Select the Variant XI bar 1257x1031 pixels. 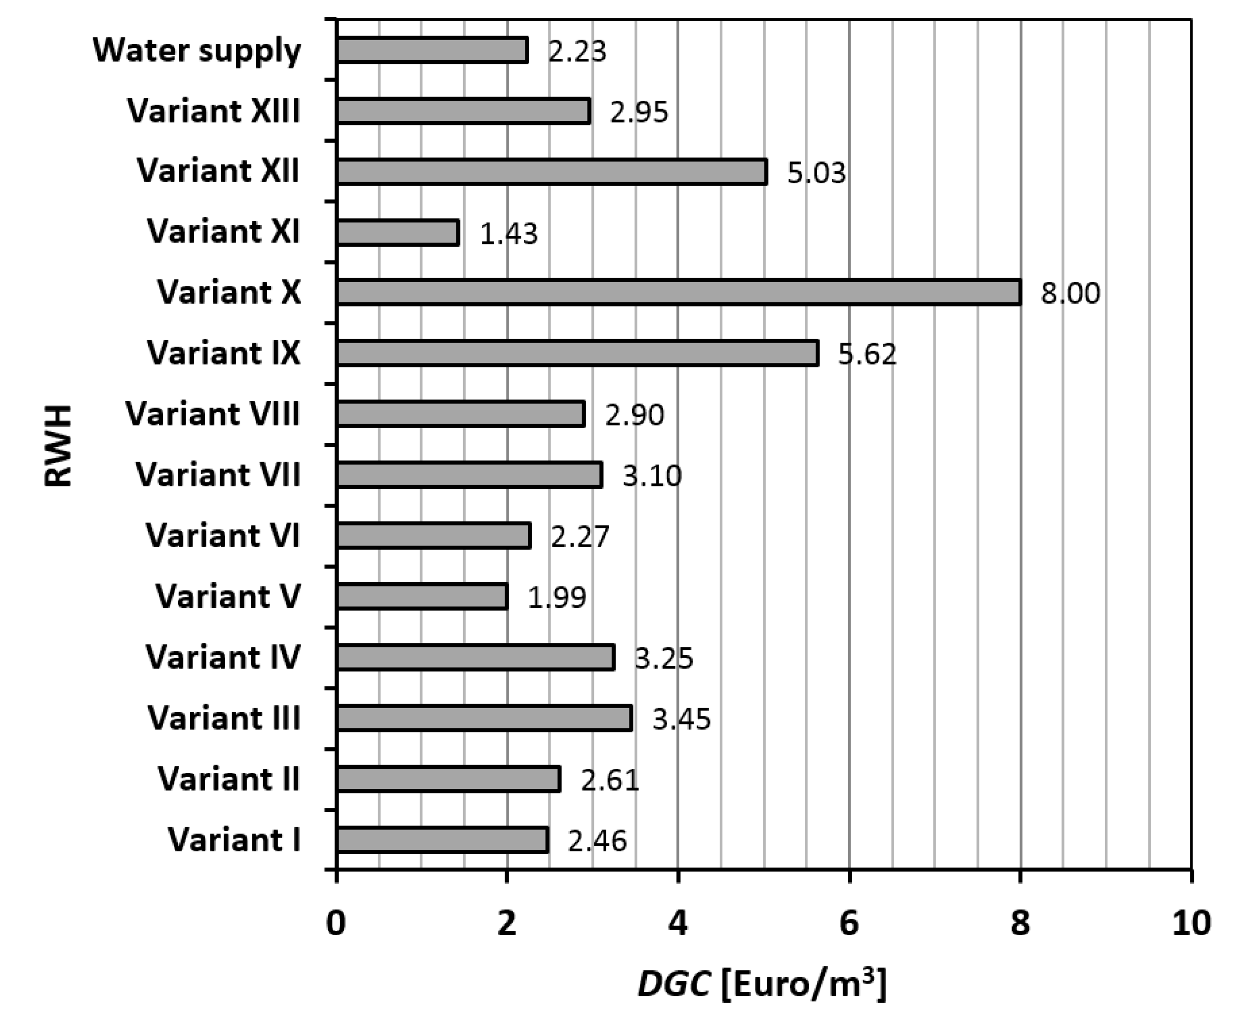coord(398,232)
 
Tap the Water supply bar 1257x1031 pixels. coord(432,50)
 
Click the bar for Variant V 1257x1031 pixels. coord(422,597)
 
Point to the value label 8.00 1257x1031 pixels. coord(1070,293)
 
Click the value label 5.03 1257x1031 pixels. coord(817,173)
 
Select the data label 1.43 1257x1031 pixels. coord(508,234)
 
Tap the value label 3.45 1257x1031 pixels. coord(681,719)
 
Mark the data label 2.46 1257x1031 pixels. coord(597,841)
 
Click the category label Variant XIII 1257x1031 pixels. coord(214,111)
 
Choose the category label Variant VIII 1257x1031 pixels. coord(213,414)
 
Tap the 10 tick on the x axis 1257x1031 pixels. coord(1190,923)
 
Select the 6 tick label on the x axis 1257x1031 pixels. coord(849,923)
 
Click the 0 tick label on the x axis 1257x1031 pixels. coord(336,923)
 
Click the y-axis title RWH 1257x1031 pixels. coord(58,445)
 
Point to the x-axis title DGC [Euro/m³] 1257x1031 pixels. coord(762,985)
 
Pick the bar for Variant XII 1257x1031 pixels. coord(551,172)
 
